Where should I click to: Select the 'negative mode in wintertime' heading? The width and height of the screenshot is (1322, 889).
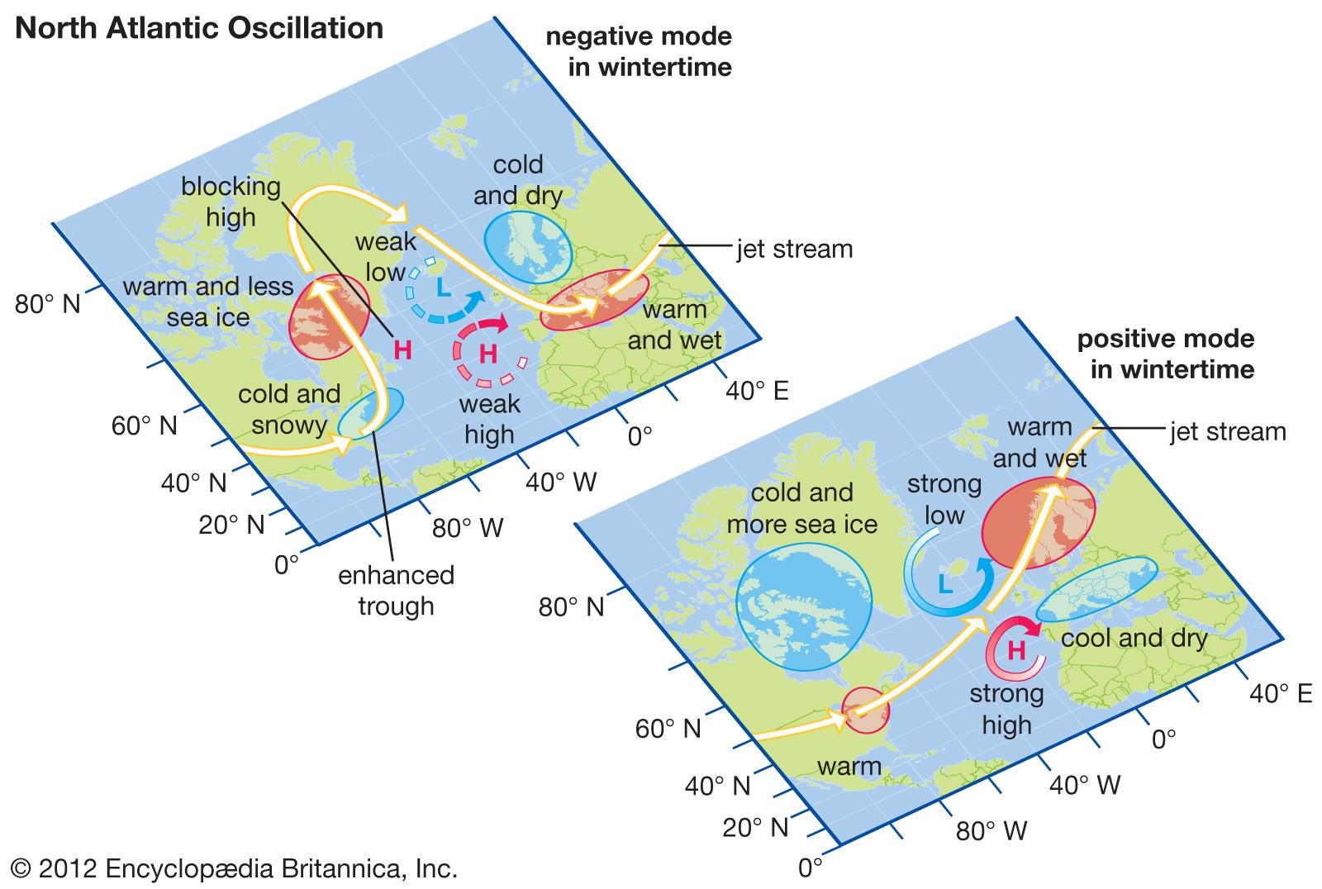(x=638, y=51)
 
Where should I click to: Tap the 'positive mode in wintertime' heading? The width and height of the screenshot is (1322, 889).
(x=1165, y=354)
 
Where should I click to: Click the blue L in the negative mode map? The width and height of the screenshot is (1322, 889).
(x=444, y=288)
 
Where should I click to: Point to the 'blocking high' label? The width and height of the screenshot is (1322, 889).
(x=231, y=202)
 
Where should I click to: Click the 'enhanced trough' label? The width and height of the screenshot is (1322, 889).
(x=397, y=590)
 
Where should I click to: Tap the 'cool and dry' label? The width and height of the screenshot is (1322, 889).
(x=1134, y=638)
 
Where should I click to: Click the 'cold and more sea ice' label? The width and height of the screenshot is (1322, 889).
(x=801, y=508)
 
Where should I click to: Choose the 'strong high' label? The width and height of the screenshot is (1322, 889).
(x=1006, y=709)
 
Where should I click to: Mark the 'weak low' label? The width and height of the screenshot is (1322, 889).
(x=385, y=257)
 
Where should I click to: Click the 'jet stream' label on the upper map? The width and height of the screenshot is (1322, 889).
(x=794, y=249)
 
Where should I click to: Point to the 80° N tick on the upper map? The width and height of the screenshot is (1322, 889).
(x=48, y=304)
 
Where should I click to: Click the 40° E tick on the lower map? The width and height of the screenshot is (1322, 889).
(x=1280, y=694)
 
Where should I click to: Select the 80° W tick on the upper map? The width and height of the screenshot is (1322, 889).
(x=468, y=528)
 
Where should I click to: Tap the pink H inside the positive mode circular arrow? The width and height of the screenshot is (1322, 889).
(x=1017, y=650)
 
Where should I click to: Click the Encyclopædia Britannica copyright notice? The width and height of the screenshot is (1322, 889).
(x=235, y=869)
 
